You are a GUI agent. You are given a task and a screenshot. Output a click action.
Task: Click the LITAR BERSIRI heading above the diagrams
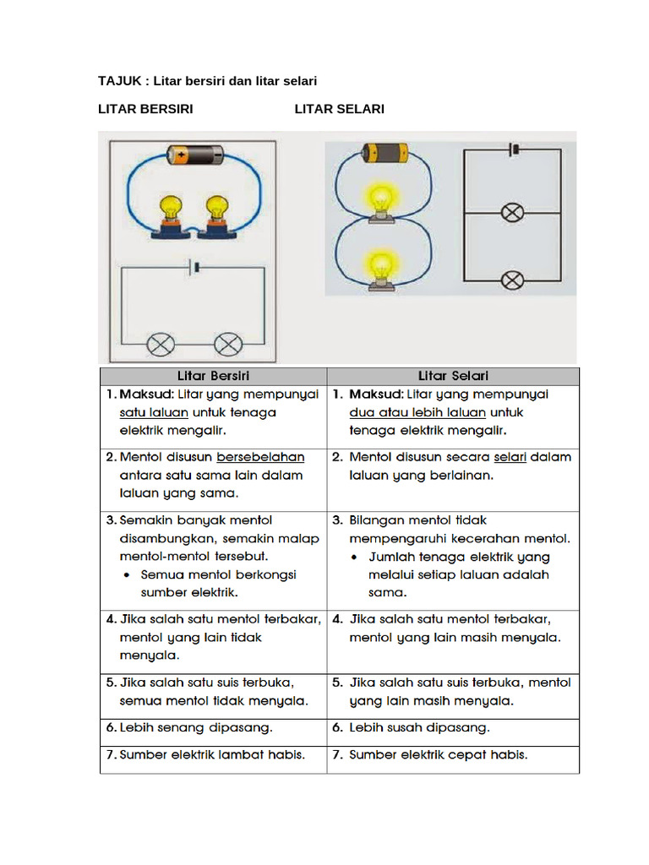(x=146, y=109)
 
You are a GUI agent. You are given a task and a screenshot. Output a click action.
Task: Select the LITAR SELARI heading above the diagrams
(x=339, y=109)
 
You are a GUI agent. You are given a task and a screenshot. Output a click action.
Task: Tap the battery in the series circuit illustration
(x=194, y=155)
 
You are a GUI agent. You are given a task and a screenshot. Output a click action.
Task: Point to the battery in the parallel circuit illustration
(x=384, y=153)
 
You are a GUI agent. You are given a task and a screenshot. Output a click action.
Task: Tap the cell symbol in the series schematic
(x=195, y=268)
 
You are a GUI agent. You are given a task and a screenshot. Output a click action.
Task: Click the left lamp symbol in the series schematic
(x=161, y=344)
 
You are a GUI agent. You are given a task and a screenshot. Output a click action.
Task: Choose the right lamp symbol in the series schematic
(x=227, y=344)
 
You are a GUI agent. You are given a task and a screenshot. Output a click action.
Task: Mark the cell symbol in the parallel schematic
(x=512, y=150)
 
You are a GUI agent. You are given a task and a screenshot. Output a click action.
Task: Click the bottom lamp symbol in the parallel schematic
(x=512, y=280)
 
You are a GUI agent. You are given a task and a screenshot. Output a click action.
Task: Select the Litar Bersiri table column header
(x=213, y=376)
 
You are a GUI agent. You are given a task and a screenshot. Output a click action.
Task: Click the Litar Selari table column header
(x=453, y=376)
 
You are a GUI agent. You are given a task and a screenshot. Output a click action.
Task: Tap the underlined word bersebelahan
(x=260, y=457)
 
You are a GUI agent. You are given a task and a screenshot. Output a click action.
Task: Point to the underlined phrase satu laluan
(x=154, y=413)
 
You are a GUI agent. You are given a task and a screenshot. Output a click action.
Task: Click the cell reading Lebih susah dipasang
(x=419, y=727)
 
